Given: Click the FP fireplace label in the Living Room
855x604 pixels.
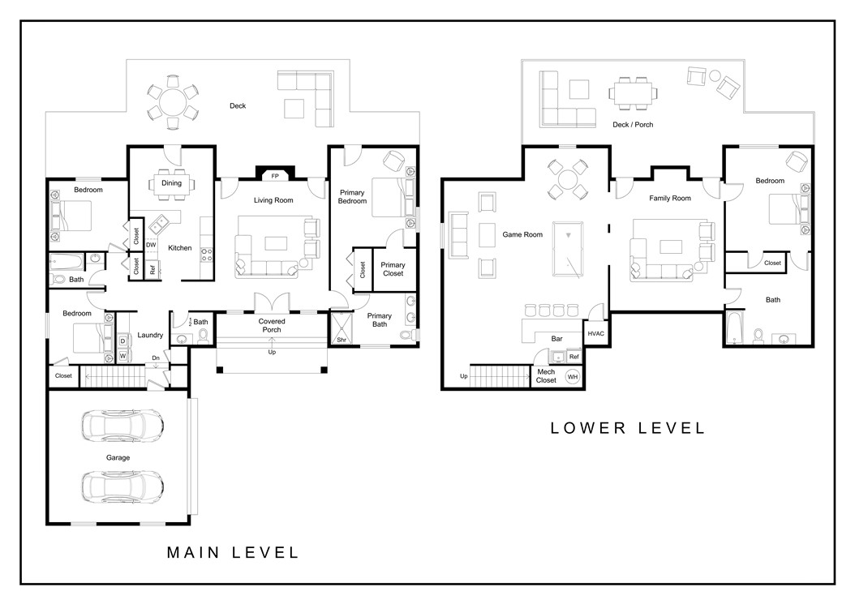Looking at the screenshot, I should [x=275, y=175].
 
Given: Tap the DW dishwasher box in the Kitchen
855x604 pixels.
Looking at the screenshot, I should [x=151, y=244].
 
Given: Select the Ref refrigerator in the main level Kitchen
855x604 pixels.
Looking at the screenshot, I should [x=153, y=270].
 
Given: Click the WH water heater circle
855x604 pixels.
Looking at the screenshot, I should [x=573, y=377].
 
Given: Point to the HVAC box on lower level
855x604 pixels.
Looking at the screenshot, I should [x=595, y=333].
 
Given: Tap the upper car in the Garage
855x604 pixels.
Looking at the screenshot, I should [x=122, y=424].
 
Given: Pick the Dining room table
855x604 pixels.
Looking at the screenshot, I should [x=171, y=183].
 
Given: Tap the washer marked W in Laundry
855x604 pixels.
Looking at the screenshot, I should [x=122, y=355].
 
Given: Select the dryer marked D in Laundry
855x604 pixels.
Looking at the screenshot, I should [x=122, y=341].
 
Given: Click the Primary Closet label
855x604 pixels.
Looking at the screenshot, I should [x=393, y=269].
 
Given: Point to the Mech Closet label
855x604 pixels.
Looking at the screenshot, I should [x=546, y=375].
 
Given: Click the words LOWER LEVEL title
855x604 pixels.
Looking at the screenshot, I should [x=628, y=428].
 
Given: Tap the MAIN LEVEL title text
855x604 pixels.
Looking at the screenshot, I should [x=233, y=553].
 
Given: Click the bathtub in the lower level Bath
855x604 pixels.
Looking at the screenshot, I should [x=730, y=328].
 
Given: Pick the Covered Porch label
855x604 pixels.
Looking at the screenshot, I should [x=272, y=326].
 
